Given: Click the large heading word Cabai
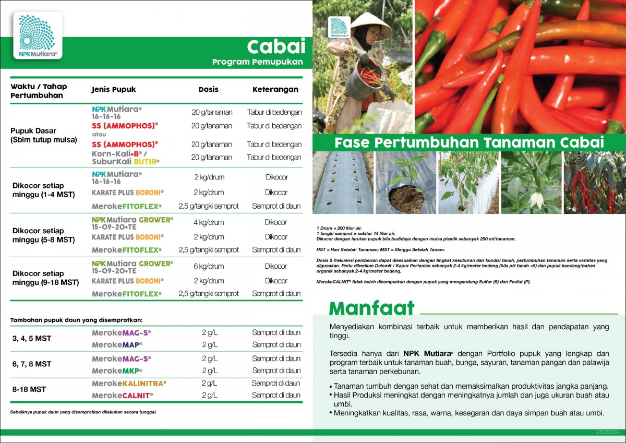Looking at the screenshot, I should [x=276, y=46].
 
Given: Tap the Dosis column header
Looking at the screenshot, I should [x=209, y=89].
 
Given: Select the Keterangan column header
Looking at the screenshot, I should [x=275, y=89].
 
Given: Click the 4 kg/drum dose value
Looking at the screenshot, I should [x=209, y=222].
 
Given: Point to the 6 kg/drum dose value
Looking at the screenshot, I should [x=209, y=266].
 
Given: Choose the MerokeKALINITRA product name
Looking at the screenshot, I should [x=129, y=383].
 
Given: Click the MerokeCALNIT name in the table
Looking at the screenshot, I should [x=123, y=396].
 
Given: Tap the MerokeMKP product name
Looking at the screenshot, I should [x=117, y=370].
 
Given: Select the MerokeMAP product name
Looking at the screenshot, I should [x=117, y=345].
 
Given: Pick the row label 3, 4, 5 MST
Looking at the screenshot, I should [x=32, y=339].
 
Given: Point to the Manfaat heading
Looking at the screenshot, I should [x=371, y=308].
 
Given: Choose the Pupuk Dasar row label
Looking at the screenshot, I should [x=34, y=130].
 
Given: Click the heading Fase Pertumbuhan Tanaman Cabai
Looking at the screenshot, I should [x=469, y=142].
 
